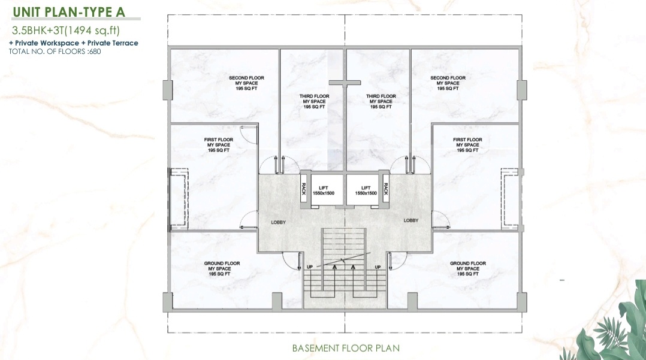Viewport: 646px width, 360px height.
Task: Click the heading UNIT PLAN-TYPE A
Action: [x=69, y=12]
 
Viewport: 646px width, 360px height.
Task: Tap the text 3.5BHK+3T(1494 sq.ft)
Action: [x=66, y=31]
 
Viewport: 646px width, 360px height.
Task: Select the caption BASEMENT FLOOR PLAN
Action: [x=346, y=348]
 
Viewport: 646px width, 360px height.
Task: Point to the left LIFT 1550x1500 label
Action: [x=324, y=190]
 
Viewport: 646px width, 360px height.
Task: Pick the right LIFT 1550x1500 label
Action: [x=366, y=190]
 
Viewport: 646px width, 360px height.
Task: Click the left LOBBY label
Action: [x=278, y=222]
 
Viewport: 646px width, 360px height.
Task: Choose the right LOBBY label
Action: [x=410, y=220]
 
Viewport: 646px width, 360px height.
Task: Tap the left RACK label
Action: [x=304, y=189]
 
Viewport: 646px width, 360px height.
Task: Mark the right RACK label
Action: [x=386, y=189]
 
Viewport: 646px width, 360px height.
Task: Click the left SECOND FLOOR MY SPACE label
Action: [x=246, y=83]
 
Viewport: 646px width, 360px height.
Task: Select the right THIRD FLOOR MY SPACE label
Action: [x=381, y=101]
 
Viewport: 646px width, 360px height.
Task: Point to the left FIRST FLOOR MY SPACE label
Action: [x=218, y=145]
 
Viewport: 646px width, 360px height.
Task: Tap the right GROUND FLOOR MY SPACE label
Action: [x=467, y=268]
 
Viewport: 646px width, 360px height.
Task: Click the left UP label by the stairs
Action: [x=310, y=267]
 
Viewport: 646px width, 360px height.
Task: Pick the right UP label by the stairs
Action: [x=378, y=267]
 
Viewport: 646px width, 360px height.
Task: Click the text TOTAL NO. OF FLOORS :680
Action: [x=55, y=52]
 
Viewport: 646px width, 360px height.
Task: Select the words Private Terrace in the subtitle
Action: [x=113, y=43]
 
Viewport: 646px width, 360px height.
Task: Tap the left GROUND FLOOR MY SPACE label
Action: [x=222, y=268]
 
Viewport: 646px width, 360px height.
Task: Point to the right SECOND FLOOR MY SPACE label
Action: [x=448, y=83]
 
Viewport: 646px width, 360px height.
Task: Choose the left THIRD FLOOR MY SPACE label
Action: [x=314, y=101]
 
